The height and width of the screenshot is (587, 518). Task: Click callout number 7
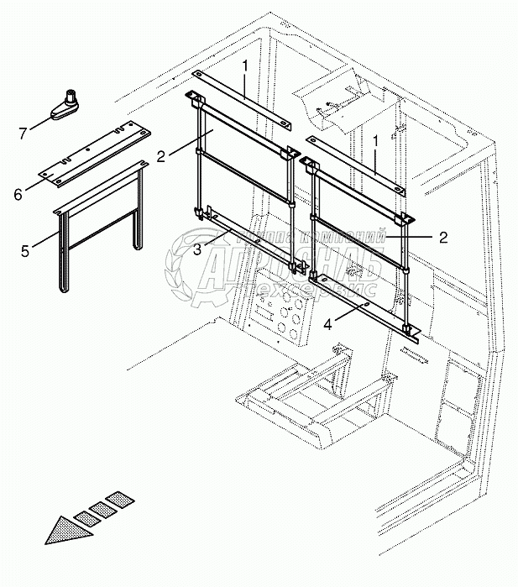[x=24, y=132]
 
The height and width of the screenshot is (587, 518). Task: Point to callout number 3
[x=197, y=249]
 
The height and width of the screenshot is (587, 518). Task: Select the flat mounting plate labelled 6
[x=97, y=157]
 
